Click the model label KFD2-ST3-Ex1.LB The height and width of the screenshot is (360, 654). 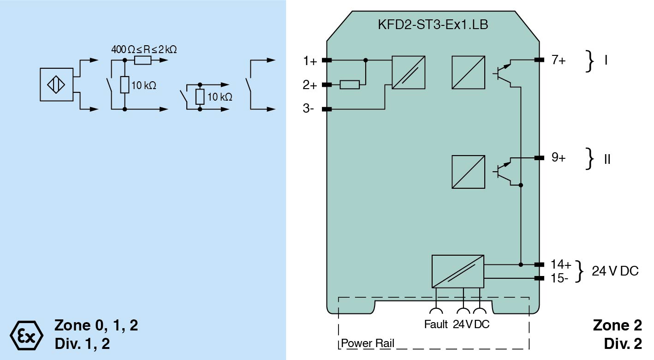point(433,25)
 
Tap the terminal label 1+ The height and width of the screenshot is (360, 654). point(310,60)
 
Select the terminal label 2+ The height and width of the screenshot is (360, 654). point(310,85)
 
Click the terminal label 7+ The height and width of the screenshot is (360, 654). point(558,60)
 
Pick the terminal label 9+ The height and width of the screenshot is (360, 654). point(558,158)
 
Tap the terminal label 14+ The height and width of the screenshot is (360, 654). point(561,264)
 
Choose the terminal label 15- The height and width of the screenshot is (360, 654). point(560,278)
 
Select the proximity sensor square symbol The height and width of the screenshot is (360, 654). point(57,84)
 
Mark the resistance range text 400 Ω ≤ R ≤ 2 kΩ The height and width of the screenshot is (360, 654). point(144,49)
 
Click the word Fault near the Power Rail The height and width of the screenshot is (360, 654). point(436,324)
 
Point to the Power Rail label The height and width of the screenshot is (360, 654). point(368,344)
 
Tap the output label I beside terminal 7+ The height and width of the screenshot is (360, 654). point(606,60)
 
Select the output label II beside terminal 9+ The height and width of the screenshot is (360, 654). point(607,159)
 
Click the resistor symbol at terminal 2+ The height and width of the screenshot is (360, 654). point(350,84)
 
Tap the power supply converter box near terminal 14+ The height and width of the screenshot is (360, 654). point(458,271)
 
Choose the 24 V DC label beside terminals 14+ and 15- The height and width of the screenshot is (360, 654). point(615,271)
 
